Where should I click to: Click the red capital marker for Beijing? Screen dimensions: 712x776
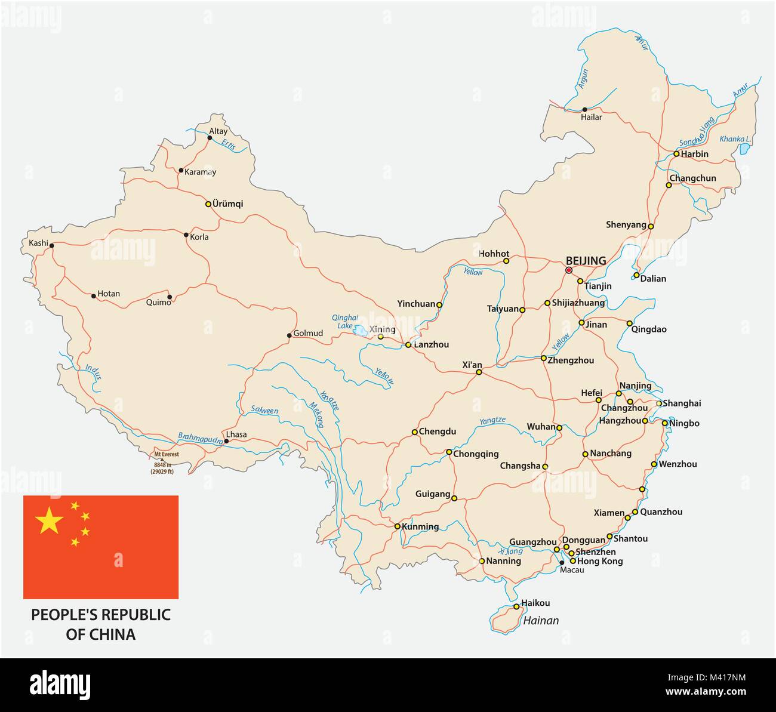[569, 270]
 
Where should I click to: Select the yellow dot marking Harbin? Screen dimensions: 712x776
[676, 154]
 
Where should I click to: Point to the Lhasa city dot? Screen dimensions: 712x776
[226, 442]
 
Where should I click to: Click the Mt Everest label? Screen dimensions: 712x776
[167, 454]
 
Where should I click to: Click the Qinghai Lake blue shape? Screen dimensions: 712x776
[360, 329]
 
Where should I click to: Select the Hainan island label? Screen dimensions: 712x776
[541, 621]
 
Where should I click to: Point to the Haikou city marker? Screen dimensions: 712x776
[516, 607]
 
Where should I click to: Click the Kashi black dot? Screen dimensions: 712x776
[52, 245]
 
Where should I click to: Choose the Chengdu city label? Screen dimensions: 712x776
[438, 431]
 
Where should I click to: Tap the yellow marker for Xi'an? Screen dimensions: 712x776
[479, 372]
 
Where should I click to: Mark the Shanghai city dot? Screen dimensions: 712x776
[659, 403]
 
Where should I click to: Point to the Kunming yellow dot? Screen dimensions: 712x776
[397, 526]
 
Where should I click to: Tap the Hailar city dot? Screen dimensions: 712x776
[585, 110]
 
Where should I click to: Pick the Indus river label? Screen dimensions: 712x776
[94, 372]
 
